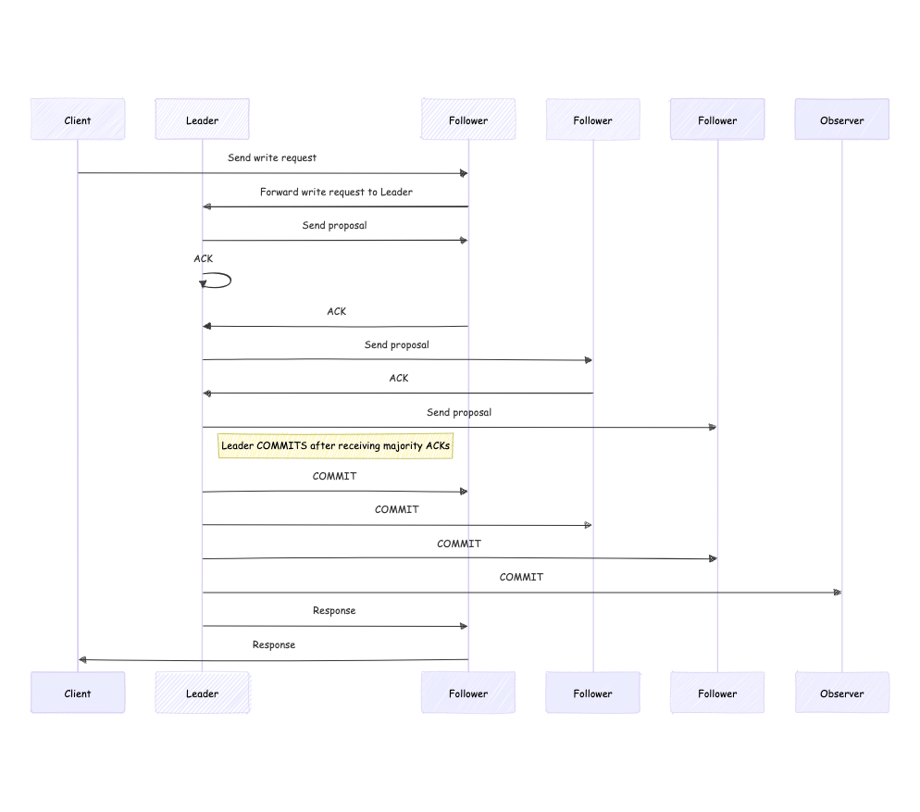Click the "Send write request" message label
point(272,158)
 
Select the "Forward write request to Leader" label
point(336,192)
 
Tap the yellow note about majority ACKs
point(335,446)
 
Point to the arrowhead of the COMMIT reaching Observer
point(838,593)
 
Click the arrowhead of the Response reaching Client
point(82,660)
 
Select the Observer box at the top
point(842,119)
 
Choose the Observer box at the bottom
point(842,693)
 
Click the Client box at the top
point(78,119)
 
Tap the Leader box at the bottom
point(203,693)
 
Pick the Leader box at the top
point(203,119)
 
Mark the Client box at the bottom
point(78,693)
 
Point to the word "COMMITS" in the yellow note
point(281,445)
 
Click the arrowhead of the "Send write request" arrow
point(464,173)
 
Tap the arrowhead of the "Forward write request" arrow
point(206,206)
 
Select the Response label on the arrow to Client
point(273,644)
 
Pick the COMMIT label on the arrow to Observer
point(521,577)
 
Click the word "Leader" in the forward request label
point(397,192)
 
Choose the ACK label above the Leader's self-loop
point(203,259)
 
